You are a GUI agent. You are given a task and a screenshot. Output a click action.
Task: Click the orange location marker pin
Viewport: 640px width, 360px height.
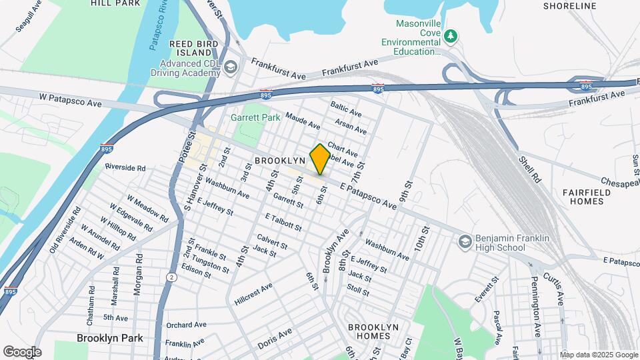(x=320, y=159)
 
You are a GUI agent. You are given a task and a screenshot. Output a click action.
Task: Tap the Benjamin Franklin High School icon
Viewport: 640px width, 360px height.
(x=465, y=241)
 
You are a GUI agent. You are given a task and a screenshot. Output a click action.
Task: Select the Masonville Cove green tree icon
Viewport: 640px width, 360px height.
(x=451, y=35)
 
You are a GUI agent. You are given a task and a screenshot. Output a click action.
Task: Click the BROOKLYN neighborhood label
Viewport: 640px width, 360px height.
(x=279, y=161)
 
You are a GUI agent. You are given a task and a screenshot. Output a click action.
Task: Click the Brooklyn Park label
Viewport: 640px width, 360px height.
(x=109, y=338)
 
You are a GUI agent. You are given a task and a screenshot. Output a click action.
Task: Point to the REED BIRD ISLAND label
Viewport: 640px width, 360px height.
(x=190, y=48)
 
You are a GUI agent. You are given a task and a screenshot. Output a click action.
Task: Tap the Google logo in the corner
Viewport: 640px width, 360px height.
(x=22, y=351)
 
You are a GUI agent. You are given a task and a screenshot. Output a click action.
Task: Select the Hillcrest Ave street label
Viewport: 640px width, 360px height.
(x=253, y=295)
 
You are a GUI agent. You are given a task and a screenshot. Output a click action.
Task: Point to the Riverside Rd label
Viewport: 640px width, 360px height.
(x=125, y=167)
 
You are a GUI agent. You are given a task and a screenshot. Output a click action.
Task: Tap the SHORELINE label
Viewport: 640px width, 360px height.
(x=569, y=6)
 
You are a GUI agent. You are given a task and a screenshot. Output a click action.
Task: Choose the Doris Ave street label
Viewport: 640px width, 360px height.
(x=275, y=334)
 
